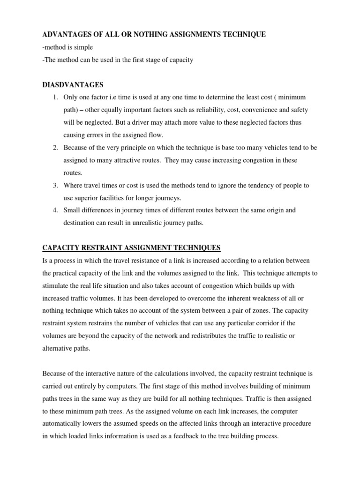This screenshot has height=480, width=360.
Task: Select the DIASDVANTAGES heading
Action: point(73,85)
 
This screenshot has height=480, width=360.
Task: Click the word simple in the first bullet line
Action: point(84,47)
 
